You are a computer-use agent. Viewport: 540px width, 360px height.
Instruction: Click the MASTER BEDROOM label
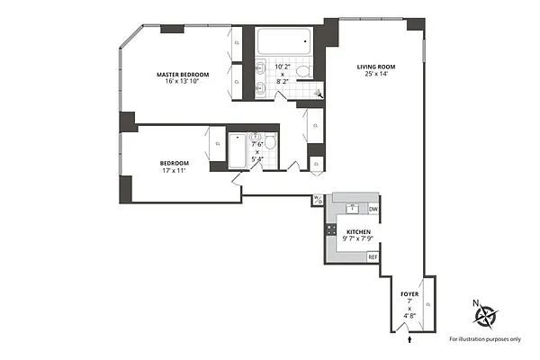point(182,74)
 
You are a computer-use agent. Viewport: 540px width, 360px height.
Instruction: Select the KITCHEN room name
point(358,232)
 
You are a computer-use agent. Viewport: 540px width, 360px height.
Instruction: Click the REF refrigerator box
point(373,256)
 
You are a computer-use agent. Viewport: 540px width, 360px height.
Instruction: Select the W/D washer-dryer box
point(318,199)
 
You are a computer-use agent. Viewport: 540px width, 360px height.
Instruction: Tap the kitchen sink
point(353,208)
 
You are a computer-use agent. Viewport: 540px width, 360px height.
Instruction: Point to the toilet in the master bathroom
point(304,70)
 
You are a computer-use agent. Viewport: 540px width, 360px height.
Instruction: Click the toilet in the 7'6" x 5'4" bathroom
point(269,141)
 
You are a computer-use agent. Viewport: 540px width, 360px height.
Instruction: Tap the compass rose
point(487,315)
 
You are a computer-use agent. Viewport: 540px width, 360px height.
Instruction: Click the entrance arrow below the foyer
point(410,339)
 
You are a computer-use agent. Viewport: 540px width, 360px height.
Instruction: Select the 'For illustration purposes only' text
point(487,340)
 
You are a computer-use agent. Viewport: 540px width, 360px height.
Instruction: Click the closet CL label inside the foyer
point(428,305)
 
